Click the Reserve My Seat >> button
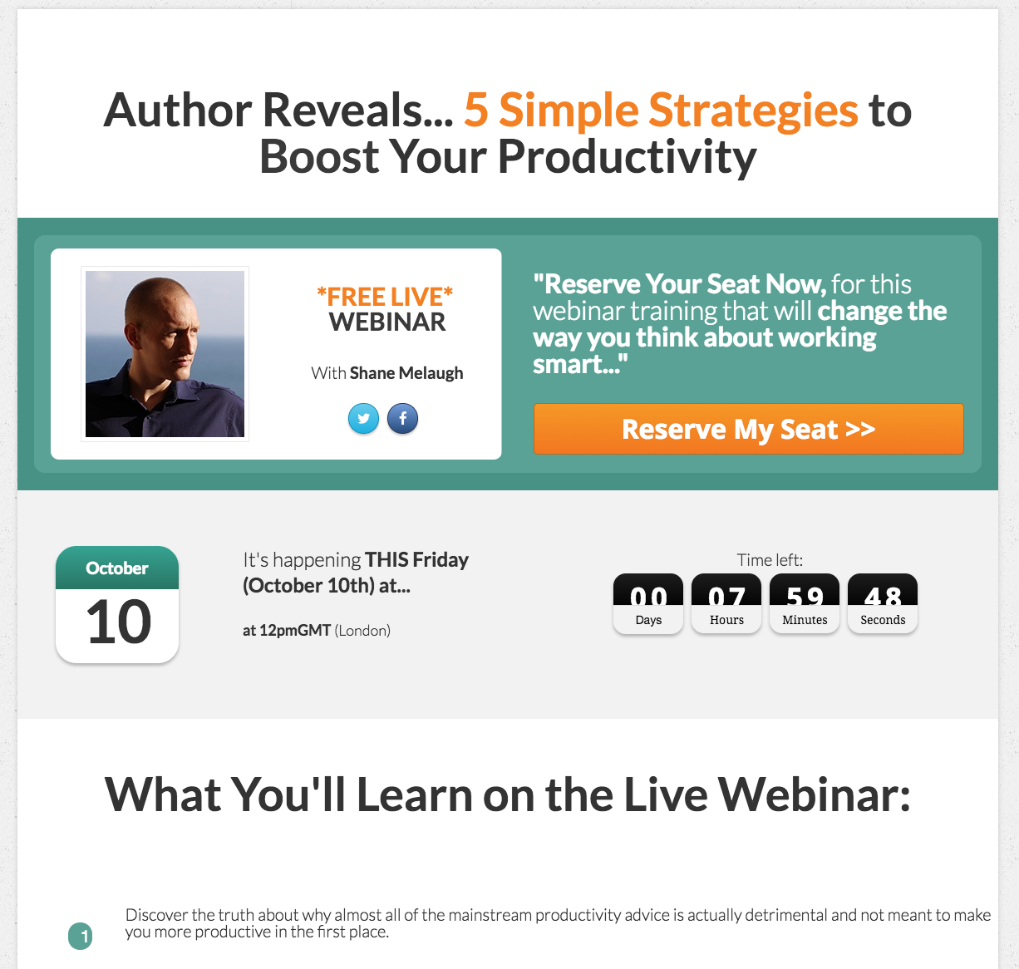(x=748, y=429)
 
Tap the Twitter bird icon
(x=363, y=418)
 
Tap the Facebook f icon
(x=403, y=418)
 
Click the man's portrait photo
(x=165, y=354)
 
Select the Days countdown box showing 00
(x=648, y=603)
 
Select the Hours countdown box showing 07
(x=726, y=603)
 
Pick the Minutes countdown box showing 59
(x=805, y=603)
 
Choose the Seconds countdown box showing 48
(x=883, y=603)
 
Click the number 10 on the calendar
(x=119, y=621)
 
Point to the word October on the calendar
(x=117, y=568)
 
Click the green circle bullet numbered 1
(x=81, y=937)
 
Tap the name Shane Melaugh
(x=406, y=373)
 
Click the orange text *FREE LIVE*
(x=385, y=297)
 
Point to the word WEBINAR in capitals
(x=387, y=322)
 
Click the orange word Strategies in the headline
(x=754, y=111)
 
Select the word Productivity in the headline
(x=627, y=157)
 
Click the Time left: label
(x=770, y=560)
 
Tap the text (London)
(x=362, y=631)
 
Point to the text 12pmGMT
(x=295, y=631)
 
